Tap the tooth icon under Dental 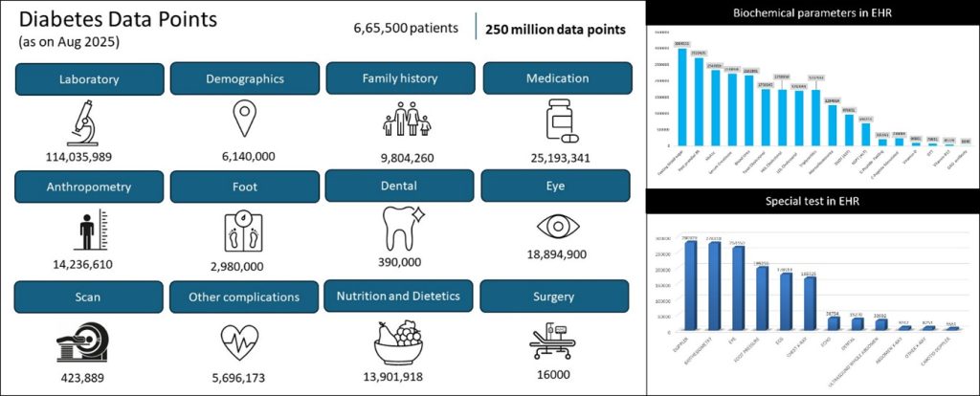[x=401, y=230]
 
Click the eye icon [x=556, y=228]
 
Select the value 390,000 [x=401, y=263]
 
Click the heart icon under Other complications [x=245, y=340]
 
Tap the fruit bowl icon [x=401, y=340]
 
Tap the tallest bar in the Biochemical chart [x=682, y=96]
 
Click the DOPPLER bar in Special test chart [x=691, y=287]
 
